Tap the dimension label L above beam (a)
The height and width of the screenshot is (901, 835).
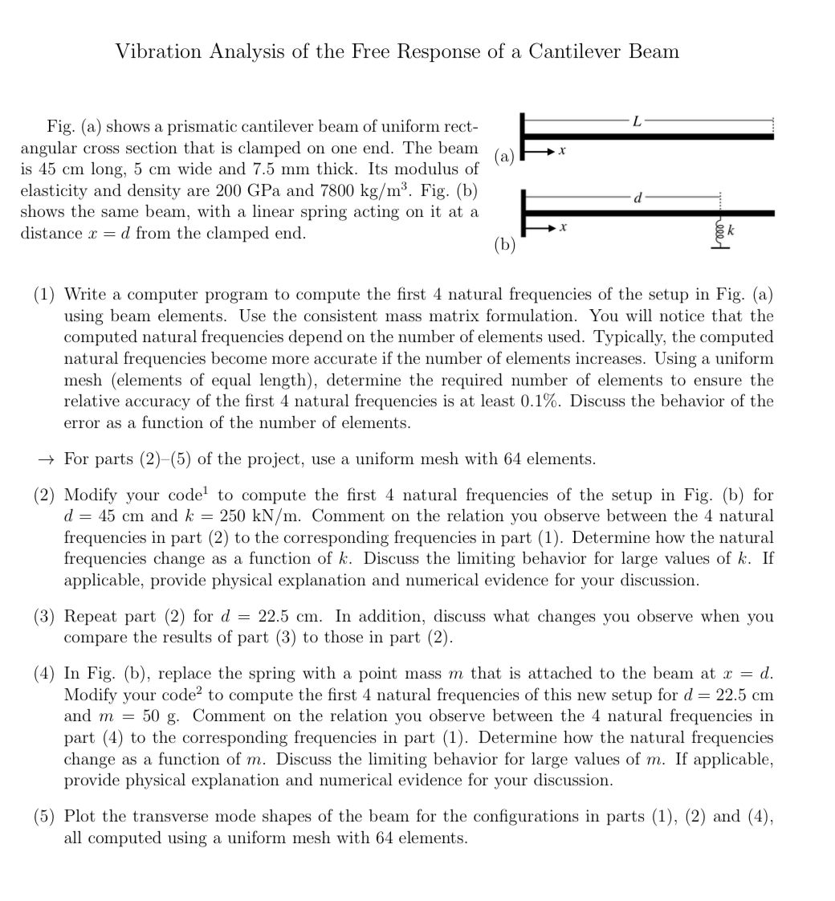(x=637, y=121)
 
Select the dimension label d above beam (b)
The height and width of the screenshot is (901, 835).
(x=638, y=198)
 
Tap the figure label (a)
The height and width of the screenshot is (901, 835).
(x=505, y=157)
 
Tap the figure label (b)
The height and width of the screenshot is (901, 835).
(x=504, y=245)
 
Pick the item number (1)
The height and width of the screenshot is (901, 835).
(x=45, y=296)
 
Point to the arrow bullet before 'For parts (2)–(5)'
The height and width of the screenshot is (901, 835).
(x=46, y=460)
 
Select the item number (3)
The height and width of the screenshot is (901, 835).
(x=45, y=617)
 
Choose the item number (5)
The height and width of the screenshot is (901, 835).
(x=45, y=817)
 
